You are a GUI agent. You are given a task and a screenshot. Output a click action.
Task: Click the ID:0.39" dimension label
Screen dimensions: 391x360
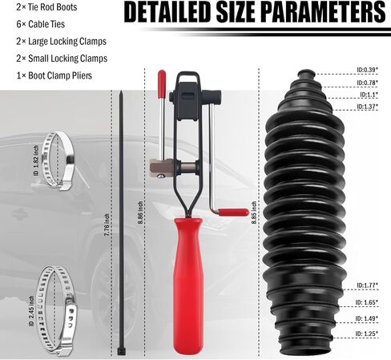367,70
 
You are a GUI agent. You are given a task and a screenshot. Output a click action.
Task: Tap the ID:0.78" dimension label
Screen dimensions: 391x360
367,83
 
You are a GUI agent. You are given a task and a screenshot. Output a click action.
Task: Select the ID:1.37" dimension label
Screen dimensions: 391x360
367,107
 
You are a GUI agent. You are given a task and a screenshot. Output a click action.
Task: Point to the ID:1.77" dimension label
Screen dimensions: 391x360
367,285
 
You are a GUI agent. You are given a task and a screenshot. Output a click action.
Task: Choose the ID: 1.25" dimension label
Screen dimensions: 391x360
366,334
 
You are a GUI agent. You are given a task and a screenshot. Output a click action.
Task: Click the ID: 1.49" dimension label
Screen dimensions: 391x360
366,318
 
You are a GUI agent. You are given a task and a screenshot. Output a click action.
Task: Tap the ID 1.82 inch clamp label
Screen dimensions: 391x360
36,160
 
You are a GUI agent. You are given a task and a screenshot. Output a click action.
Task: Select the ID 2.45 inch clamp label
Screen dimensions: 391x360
31,311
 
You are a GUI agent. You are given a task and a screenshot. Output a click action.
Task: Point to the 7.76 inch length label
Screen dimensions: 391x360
107,224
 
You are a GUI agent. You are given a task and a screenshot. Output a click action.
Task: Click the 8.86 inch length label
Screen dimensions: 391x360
141,212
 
